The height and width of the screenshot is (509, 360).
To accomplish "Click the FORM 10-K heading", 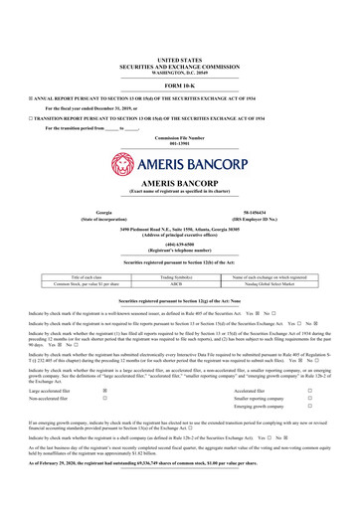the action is (x=179, y=87).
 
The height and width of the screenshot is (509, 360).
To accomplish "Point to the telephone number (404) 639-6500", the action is (x=179, y=244).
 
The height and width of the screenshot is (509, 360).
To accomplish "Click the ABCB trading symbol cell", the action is (x=179, y=283).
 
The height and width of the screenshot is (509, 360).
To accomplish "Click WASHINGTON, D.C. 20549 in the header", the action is (x=179, y=73).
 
